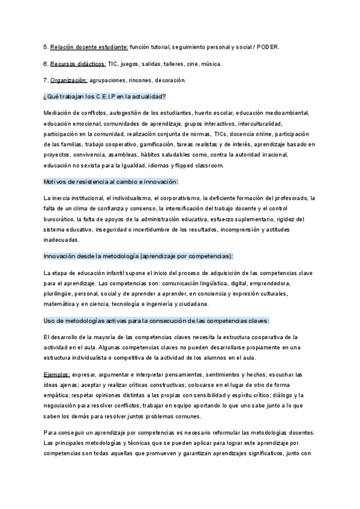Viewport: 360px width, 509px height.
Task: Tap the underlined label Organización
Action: pyautogui.click(x=68, y=80)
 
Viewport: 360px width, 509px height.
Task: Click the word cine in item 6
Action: pyautogui.click(x=191, y=64)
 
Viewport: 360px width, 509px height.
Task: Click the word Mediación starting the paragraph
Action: pyautogui.click(x=59, y=112)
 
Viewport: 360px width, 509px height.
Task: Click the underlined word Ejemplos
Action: pyautogui.click(x=58, y=374)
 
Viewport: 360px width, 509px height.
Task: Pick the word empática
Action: pyautogui.click(x=58, y=395)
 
